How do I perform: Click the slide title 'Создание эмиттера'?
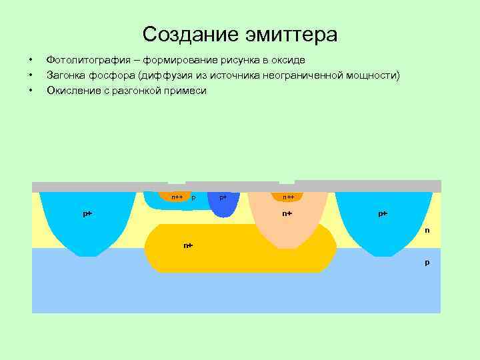240,34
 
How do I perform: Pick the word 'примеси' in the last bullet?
189,90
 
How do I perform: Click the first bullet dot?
31,61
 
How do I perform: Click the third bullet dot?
31,90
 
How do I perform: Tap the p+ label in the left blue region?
87,213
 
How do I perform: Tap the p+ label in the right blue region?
383,213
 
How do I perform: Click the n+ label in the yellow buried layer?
188,245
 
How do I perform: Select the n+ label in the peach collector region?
287,213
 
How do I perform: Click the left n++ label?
177,197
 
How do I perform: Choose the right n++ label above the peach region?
288,197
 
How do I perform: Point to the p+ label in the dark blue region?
223,197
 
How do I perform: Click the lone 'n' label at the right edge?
427,231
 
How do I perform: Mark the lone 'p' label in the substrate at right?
427,262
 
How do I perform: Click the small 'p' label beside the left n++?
193,197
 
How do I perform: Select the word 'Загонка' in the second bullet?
65,75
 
